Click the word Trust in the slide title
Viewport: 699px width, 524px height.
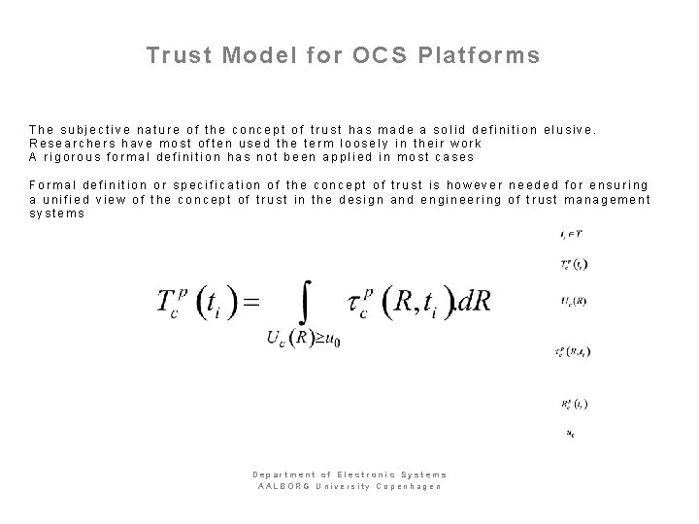click(179, 55)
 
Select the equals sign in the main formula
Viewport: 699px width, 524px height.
click(250, 302)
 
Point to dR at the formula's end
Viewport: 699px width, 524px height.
click(473, 302)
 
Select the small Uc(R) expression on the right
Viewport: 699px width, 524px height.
click(573, 300)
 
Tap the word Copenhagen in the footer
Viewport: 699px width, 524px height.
click(412, 485)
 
